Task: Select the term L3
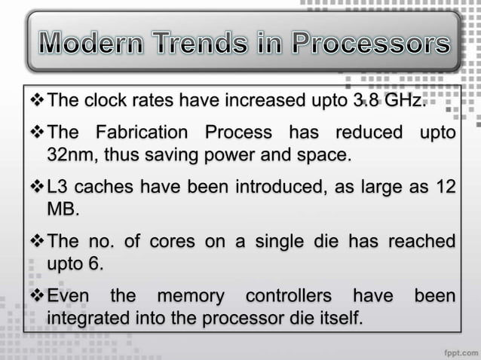[57, 187]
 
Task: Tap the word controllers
[288, 296]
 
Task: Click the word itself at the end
[338, 318]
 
